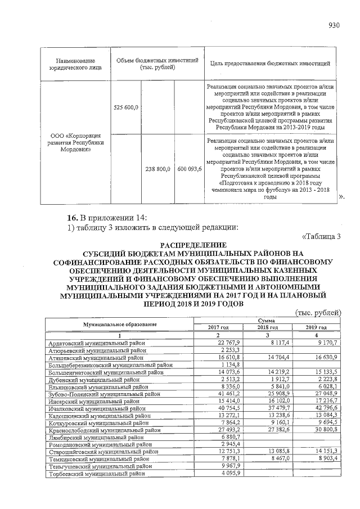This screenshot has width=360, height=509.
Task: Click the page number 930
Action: (x=335, y=25)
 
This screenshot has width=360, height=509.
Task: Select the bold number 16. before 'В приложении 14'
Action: (x=71, y=217)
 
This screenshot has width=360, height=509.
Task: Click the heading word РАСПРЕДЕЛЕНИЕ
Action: (x=193, y=245)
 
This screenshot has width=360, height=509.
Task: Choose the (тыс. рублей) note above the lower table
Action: (x=319, y=313)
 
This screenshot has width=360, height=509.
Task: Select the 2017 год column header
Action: (x=218, y=327)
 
